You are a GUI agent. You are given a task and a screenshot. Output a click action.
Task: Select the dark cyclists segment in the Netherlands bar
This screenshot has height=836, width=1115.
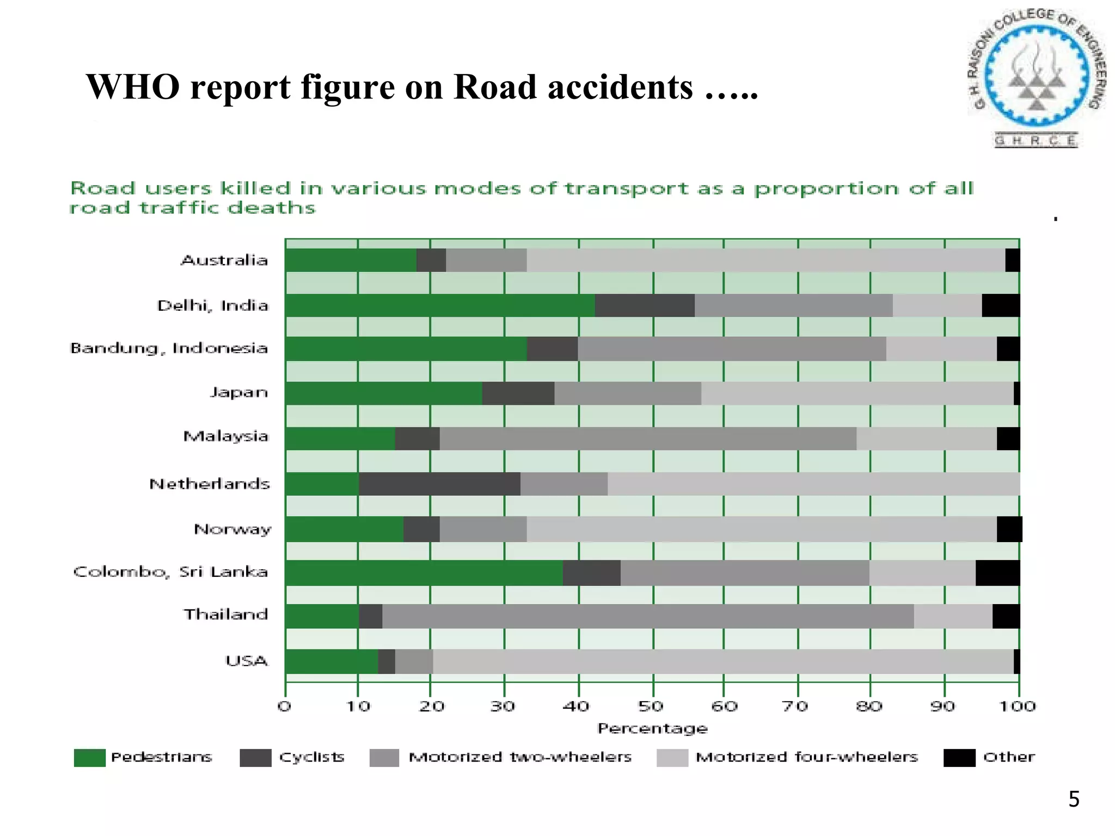pyautogui.click(x=439, y=484)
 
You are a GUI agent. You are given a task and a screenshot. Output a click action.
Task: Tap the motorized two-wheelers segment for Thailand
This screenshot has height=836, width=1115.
pyautogui.click(x=648, y=616)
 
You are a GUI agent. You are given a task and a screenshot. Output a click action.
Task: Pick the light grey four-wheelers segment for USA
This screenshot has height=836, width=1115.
pyautogui.click(x=723, y=661)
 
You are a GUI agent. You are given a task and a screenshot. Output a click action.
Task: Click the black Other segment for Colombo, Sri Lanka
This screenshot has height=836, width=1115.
pyautogui.click(x=997, y=573)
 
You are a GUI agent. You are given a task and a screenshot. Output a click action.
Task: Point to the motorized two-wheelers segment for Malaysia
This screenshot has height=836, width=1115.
pyautogui.click(x=648, y=439)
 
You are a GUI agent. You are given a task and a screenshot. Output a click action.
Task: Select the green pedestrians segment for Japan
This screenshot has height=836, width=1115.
pyautogui.click(x=383, y=394)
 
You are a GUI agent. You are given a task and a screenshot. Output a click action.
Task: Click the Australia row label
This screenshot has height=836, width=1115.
pyautogui.click(x=224, y=260)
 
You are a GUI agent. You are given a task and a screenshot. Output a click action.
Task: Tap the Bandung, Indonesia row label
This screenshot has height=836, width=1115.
pyautogui.click(x=169, y=348)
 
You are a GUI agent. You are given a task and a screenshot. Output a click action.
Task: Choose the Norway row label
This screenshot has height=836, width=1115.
pyautogui.click(x=232, y=529)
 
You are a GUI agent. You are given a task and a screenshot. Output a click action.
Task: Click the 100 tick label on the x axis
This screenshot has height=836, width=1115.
pyautogui.click(x=1016, y=706)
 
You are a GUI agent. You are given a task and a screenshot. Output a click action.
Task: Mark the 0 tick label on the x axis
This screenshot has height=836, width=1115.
pyautogui.click(x=285, y=706)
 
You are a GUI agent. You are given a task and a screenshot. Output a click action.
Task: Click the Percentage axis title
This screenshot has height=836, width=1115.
pyautogui.click(x=652, y=728)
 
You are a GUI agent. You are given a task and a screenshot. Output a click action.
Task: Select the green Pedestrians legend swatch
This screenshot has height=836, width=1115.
pyautogui.click(x=90, y=758)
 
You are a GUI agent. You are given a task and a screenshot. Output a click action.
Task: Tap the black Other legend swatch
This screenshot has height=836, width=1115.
pyautogui.click(x=959, y=758)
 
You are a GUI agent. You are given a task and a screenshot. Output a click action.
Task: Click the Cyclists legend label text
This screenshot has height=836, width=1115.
pyautogui.click(x=311, y=757)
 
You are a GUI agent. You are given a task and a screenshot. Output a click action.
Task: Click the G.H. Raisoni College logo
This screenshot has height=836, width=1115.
pyautogui.click(x=1037, y=76)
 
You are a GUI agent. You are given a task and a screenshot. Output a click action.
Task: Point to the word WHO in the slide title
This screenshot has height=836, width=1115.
pyautogui.click(x=133, y=87)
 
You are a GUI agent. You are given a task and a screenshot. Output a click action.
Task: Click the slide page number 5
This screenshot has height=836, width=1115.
pyautogui.click(x=1074, y=799)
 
